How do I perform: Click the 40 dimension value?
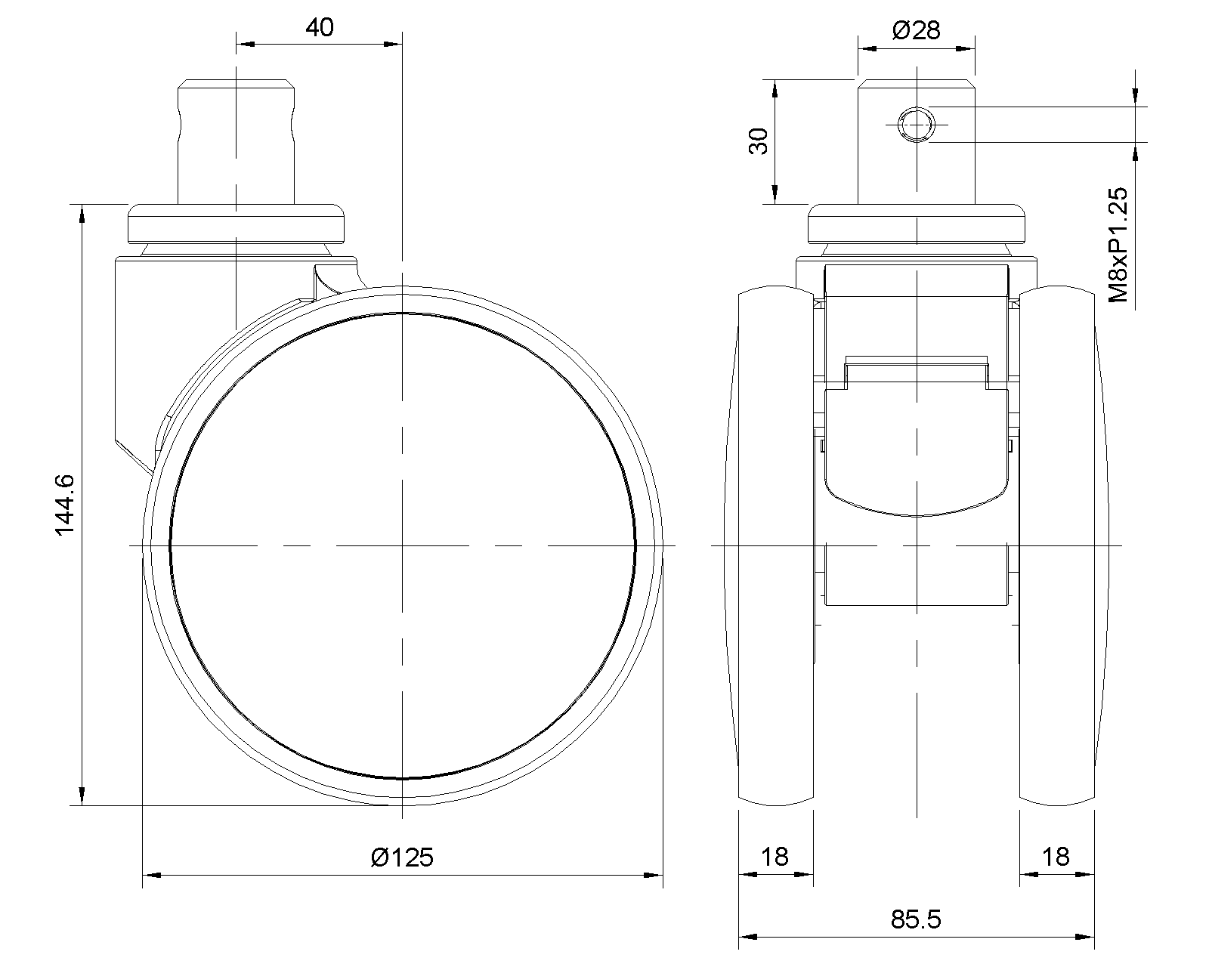pos(319,27)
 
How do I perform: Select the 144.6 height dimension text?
pos(65,505)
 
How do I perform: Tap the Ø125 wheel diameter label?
pos(402,858)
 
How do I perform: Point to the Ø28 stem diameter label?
pos(916,29)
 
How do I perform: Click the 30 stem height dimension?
pos(759,141)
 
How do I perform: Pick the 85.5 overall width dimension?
pos(916,920)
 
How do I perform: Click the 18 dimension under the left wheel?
pos(775,857)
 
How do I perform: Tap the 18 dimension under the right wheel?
pos(1056,857)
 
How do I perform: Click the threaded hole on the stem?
pos(917,124)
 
